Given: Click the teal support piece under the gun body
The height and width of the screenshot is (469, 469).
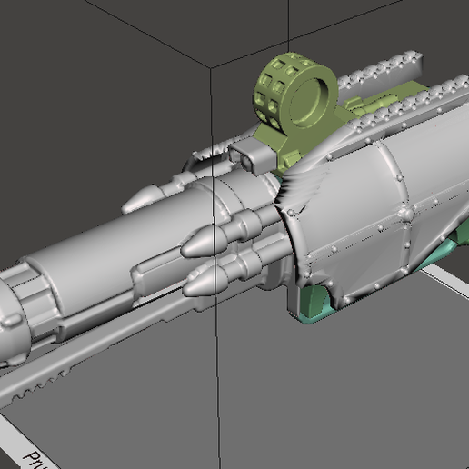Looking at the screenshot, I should click(318, 305).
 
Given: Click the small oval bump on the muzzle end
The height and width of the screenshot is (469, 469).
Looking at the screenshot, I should click(7, 319).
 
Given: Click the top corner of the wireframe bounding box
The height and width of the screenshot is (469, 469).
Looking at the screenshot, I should click(212, 68).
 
